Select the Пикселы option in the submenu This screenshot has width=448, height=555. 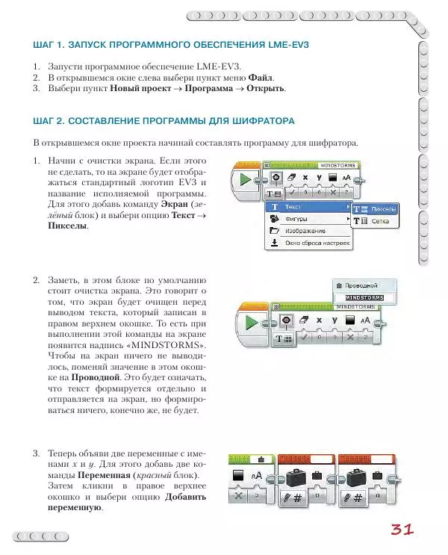point(384,210)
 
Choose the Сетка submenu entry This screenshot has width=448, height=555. point(380,222)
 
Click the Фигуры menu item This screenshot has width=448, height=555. point(296,219)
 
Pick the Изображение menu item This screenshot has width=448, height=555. point(304,231)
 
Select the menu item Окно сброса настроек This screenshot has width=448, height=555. point(317,243)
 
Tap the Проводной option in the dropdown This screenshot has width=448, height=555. point(363,285)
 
